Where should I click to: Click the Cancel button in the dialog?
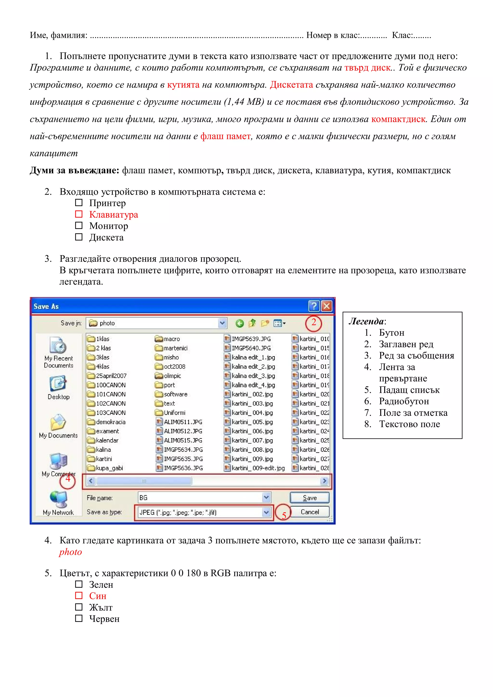[309, 512]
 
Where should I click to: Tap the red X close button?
[327, 306]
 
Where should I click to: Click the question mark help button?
[314, 306]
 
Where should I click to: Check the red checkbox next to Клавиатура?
[79, 214]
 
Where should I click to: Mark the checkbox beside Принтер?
[79, 203]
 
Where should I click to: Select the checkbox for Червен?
[79, 618]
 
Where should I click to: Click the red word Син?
[97, 596]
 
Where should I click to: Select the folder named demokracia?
[110, 422]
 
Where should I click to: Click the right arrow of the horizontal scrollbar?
[324, 481]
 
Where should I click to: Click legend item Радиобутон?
[404, 401]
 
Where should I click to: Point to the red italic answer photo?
[71, 552]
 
